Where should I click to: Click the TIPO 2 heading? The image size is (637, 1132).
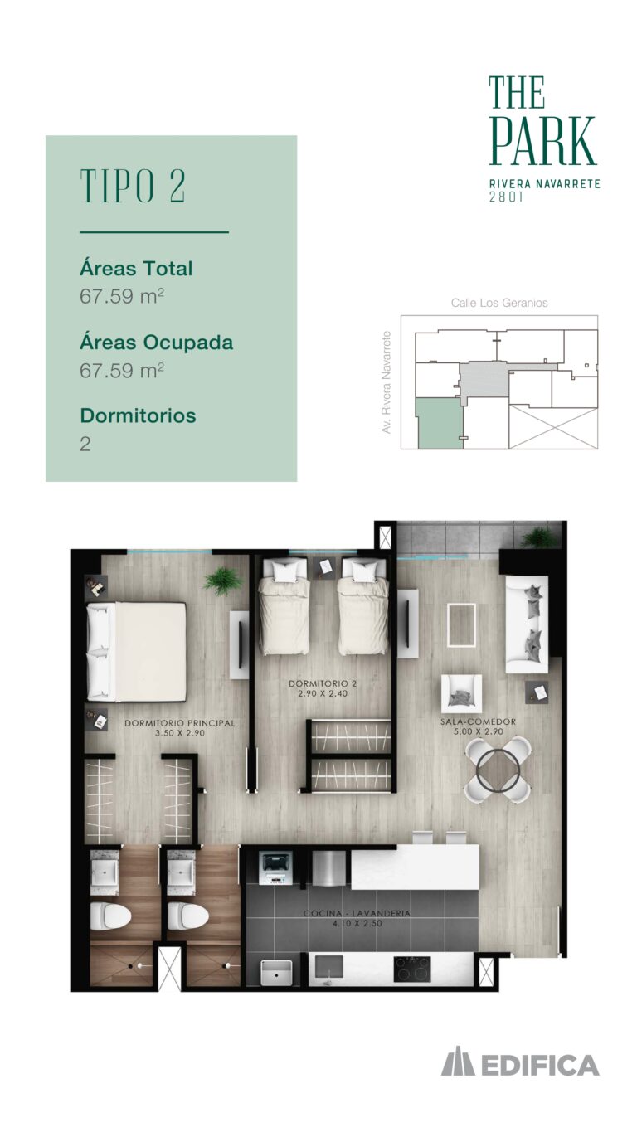coord(133,186)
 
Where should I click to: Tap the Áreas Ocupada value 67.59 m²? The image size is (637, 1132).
coord(122,370)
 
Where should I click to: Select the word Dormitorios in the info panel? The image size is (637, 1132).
coord(138,415)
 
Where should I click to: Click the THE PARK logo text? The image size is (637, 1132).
coord(543,121)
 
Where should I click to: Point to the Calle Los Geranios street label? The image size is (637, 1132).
coord(499,303)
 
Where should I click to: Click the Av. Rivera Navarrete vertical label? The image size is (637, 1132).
coord(387,381)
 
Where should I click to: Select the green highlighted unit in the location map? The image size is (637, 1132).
coord(440,423)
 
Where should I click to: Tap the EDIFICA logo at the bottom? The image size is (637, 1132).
coord(521,1065)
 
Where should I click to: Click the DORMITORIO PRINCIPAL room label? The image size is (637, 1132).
coord(180,723)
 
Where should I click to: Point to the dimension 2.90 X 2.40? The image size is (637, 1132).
coord(323,693)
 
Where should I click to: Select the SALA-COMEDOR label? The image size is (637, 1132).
coord(478,721)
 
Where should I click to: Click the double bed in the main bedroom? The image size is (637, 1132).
coord(137,652)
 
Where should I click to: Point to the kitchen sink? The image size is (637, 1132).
coord(276,969)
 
